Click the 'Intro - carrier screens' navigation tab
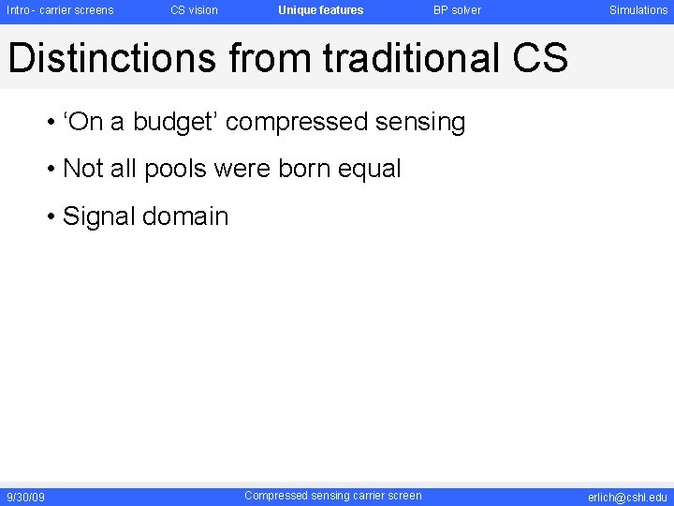[x=60, y=10]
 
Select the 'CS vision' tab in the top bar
[x=194, y=10]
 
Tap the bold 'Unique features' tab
[x=320, y=10]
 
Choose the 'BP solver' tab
[x=457, y=10]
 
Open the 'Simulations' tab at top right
[x=638, y=10]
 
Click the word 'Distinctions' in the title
[x=112, y=58]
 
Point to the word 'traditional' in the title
[x=411, y=58]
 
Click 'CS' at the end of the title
[x=540, y=58]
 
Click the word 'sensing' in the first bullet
[x=422, y=123]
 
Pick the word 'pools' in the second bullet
[x=176, y=170]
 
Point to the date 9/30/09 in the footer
[x=25, y=497]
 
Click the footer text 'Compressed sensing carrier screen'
[x=332, y=496]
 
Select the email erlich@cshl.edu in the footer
[x=627, y=497]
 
